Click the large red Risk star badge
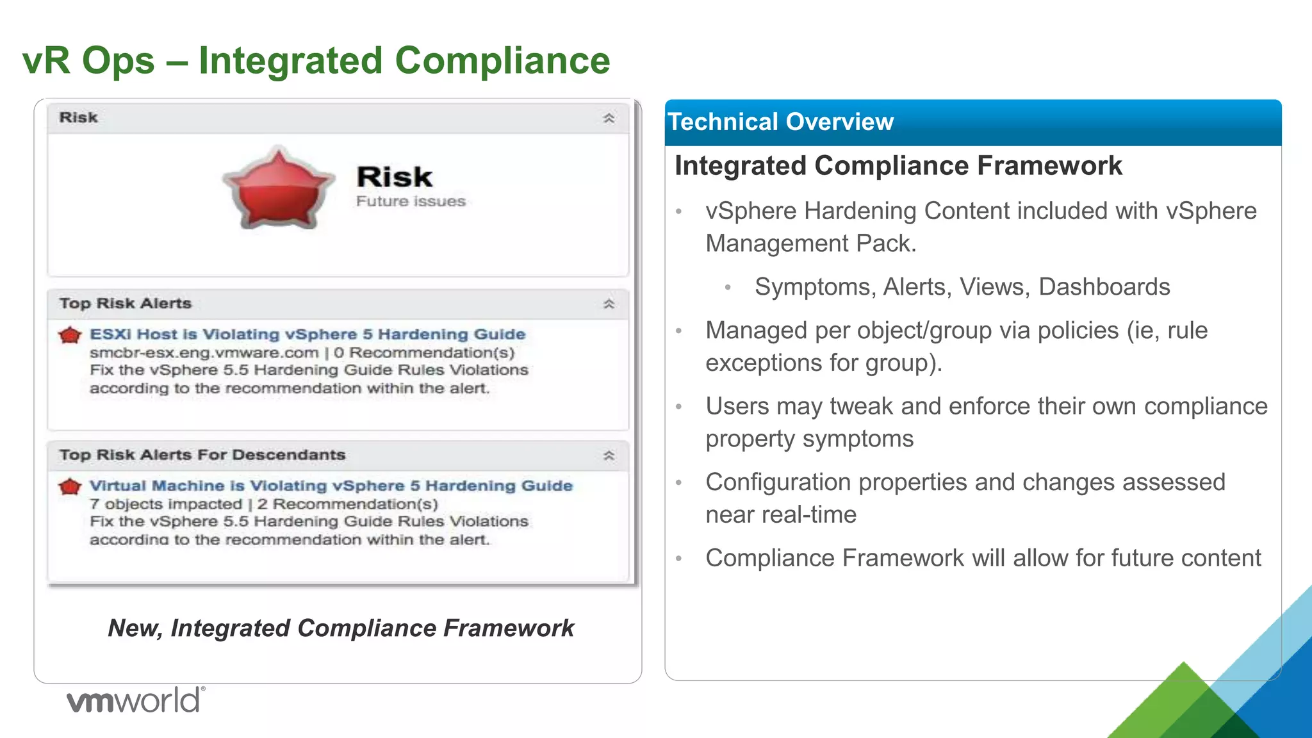pos(279,189)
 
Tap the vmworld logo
pos(136,700)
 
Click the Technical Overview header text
pos(780,122)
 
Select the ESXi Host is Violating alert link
pos(307,334)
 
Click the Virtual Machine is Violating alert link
pos(331,486)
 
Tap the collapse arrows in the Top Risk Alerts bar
pos(609,304)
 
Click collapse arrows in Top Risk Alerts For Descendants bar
pos(609,455)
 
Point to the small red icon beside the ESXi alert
pos(70,335)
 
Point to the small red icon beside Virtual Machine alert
pos(70,487)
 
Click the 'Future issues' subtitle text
pos(411,201)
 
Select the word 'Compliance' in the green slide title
pos(502,61)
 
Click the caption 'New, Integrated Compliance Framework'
pos(341,628)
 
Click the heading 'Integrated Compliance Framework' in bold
pos(898,166)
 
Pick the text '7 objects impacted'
pos(166,504)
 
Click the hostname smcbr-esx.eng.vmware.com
pos(204,353)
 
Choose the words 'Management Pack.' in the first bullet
pos(811,243)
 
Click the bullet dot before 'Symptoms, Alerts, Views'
pos(728,288)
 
